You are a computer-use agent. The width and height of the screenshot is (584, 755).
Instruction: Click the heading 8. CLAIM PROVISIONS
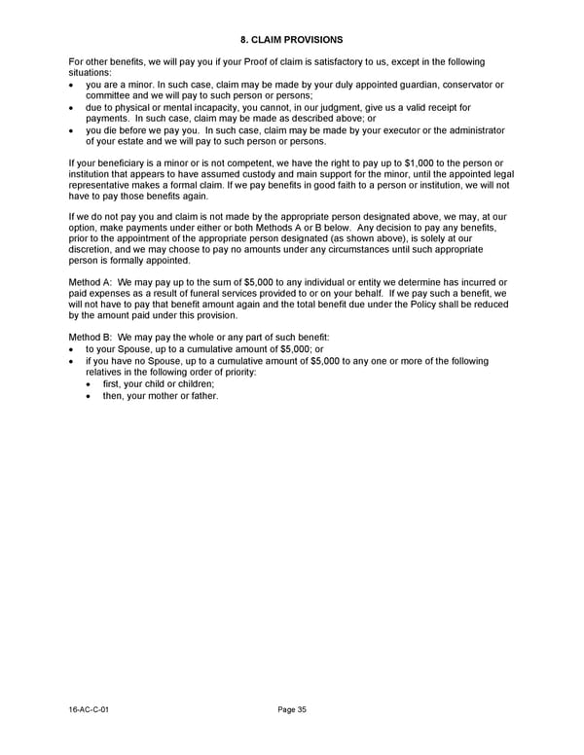[x=291, y=40]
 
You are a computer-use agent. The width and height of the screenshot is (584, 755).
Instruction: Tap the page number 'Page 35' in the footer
[x=292, y=710]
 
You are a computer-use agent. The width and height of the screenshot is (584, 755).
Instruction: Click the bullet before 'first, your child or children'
[x=91, y=384]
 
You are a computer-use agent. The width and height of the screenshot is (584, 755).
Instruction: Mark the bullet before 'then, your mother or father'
[x=91, y=396]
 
